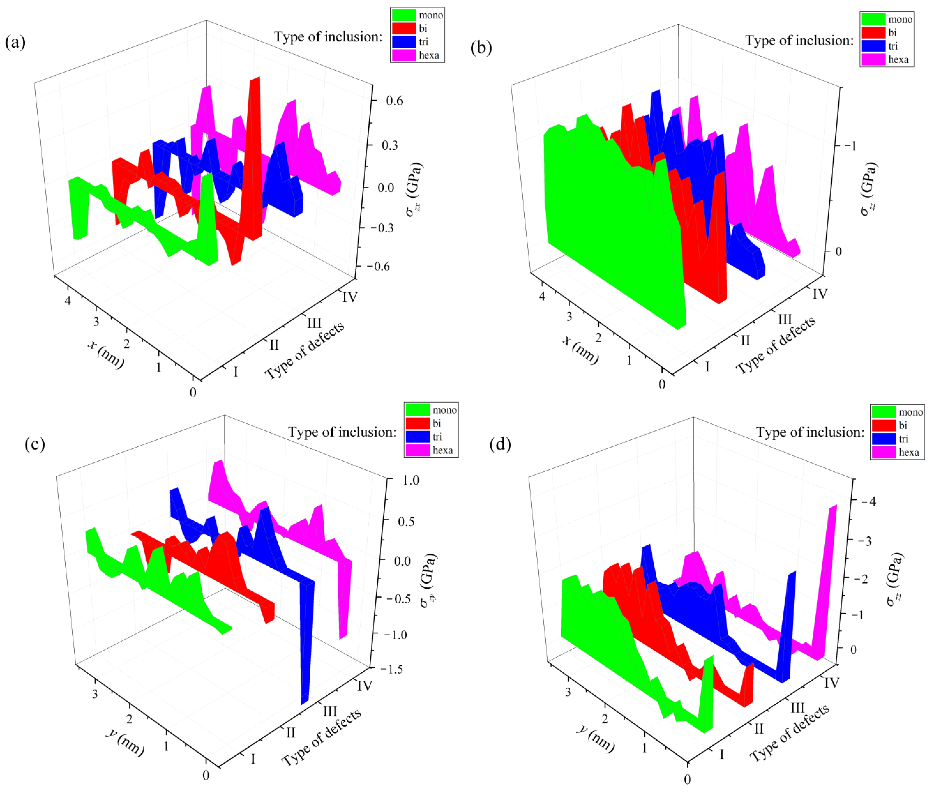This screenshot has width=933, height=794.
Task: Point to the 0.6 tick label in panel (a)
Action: pyautogui.click(x=394, y=100)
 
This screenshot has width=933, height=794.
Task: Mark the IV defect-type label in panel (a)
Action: pyautogui.click(x=350, y=297)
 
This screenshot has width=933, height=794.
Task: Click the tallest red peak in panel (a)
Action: pyautogui.click(x=255, y=79)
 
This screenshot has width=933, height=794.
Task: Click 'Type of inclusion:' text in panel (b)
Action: pyautogui.click(x=799, y=40)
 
